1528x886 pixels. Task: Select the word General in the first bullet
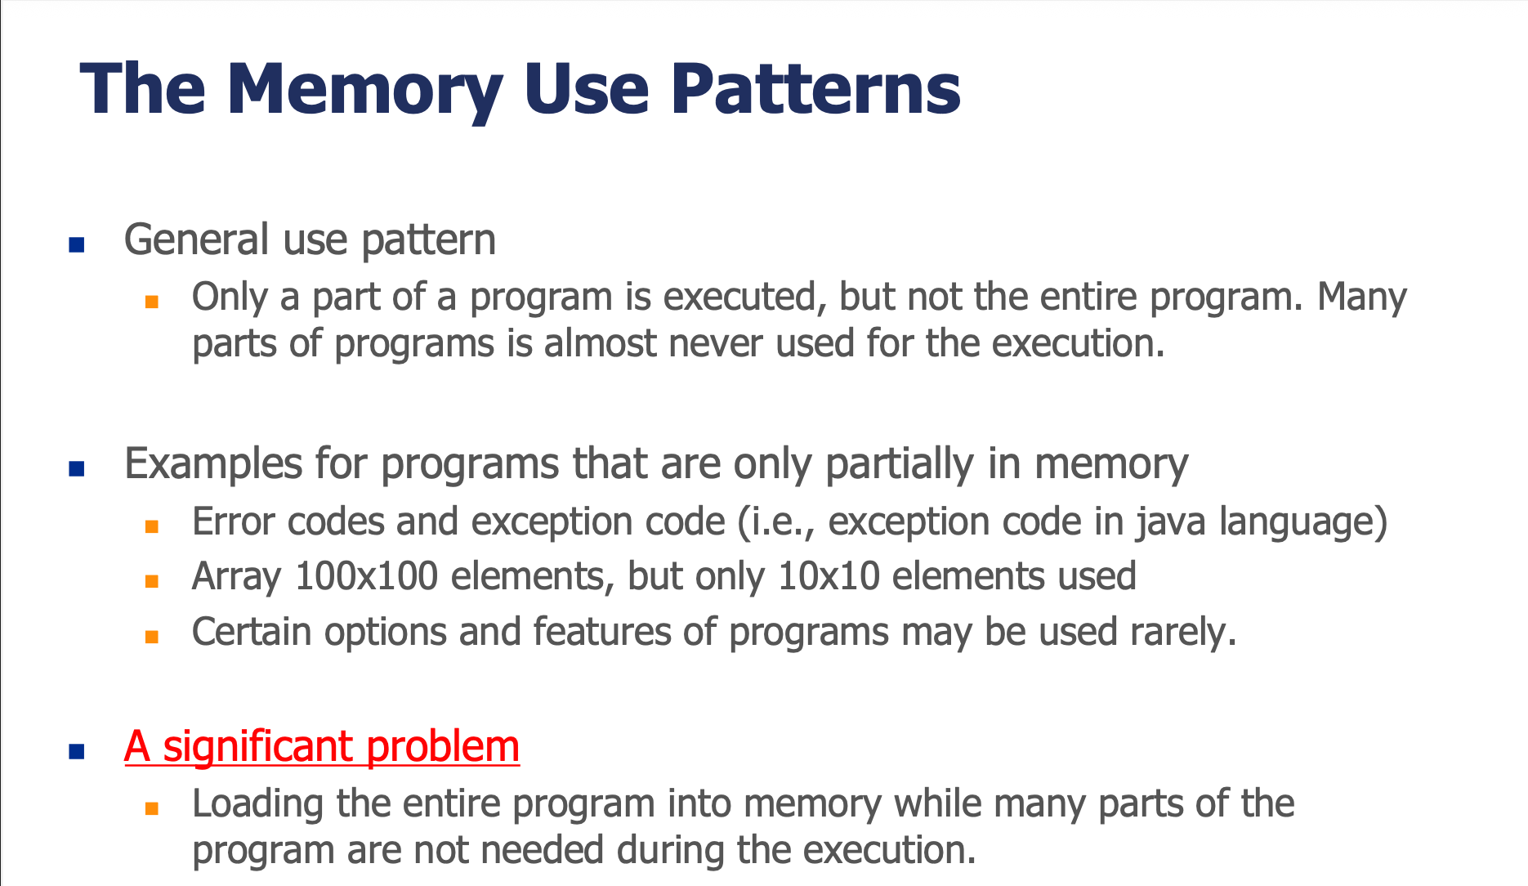tap(197, 239)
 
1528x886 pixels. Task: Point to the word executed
tap(739, 297)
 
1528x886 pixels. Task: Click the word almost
tap(601, 343)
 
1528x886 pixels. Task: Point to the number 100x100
tap(366, 576)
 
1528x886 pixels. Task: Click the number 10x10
tap(829, 576)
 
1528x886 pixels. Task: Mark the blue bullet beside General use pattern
tap(77, 244)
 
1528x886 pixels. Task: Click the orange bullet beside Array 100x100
tap(151, 581)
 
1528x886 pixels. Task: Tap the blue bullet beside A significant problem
tap(77, 751)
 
